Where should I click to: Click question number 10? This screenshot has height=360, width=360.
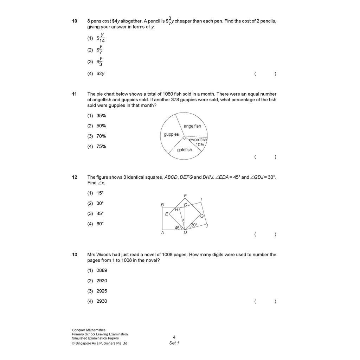coord(75,21)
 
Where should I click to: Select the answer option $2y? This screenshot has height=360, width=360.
coord(101,73)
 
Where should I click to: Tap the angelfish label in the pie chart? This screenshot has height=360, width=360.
coord(192,126)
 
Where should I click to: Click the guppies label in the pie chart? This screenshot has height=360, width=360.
coord(171,134)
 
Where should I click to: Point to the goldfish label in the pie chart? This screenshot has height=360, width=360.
coord(185,150)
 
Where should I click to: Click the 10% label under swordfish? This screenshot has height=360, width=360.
coord(200,144)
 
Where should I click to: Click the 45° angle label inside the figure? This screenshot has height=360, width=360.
coord(178,228)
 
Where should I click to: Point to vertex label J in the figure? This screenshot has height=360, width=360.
coord(207,226)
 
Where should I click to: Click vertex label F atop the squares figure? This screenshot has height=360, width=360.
coord(185,196)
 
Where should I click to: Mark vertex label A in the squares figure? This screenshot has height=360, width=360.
coord(162,232)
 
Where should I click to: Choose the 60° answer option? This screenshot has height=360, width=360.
coord(100,224)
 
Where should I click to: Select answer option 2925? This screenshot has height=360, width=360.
coord(102,291)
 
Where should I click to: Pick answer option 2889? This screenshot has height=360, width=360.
coord(102,270)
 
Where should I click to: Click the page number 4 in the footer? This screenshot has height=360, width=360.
coord(174,337)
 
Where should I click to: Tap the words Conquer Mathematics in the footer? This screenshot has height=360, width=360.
coord(89,330)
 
